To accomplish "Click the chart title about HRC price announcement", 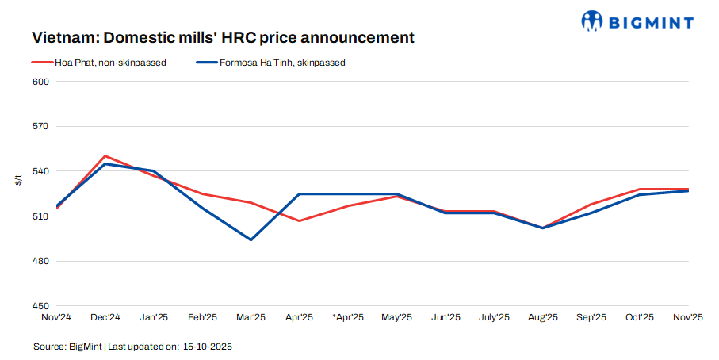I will (223, 38).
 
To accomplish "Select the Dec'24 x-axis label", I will (105, 317).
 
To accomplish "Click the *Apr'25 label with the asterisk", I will (348, 317).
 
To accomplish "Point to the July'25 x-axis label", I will (494, 317).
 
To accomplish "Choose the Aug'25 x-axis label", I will (542, 317).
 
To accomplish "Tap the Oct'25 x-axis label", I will (640, 317).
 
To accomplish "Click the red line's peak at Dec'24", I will (105, 156).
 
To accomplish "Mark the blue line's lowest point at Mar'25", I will (251, 239).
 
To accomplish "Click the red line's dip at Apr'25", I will (300, 220).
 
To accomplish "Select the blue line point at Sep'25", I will (591, 213).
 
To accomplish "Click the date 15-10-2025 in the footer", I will (208, 347).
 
